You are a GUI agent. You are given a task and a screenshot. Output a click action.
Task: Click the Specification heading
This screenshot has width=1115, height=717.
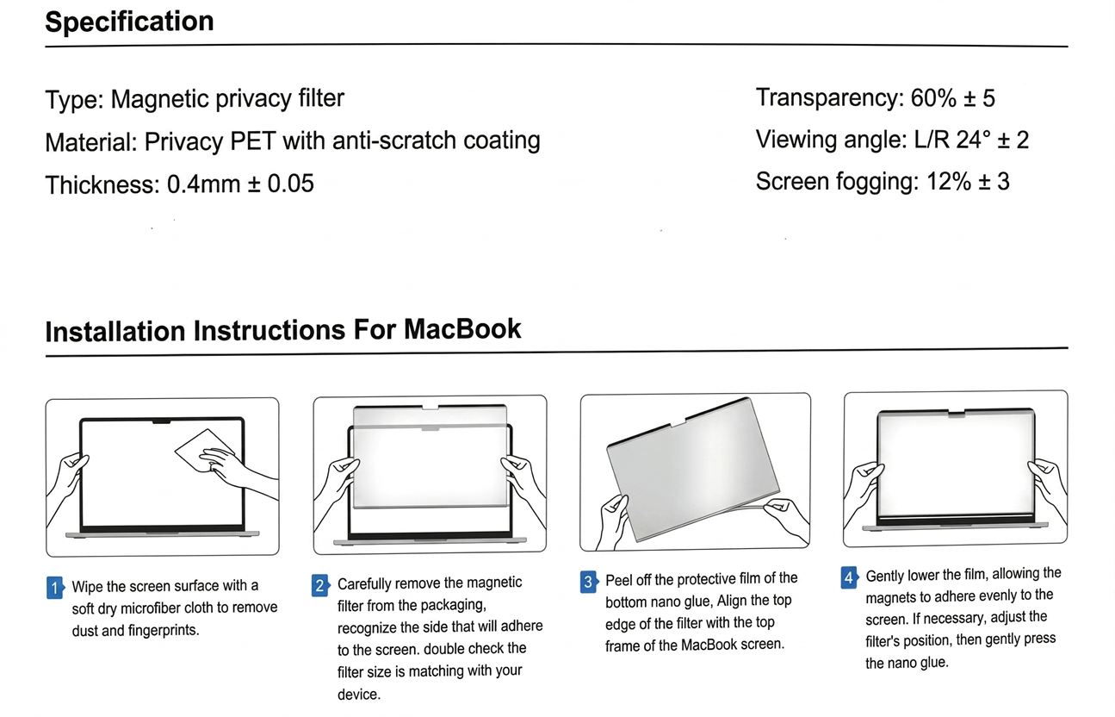click(x=129, y=22)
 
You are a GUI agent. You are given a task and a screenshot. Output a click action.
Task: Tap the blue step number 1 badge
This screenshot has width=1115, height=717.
click(x=54, y=588)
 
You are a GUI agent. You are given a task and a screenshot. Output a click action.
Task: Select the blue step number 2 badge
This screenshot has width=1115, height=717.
click(x=320, y=586)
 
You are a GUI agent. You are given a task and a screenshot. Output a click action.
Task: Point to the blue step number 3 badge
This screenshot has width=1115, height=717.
click(x=588, y=582)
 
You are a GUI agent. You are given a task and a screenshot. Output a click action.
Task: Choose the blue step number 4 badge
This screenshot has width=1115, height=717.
click(x=849, y=577)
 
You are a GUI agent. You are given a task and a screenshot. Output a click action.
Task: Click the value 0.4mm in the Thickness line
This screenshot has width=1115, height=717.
click(x=203, y=184)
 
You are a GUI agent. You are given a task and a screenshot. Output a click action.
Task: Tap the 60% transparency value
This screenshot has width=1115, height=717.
click(x=933, y=98)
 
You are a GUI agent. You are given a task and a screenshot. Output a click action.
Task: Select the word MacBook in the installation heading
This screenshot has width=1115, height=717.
click(x=462, y=329)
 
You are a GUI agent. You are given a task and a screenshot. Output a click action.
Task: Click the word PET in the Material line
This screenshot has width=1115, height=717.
click(x=252, y=140)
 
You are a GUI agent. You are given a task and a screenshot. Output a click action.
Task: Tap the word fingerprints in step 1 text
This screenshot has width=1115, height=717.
click(x=151, y=630)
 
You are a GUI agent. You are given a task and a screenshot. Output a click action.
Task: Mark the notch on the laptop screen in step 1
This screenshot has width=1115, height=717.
click(x=162, y=422)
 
